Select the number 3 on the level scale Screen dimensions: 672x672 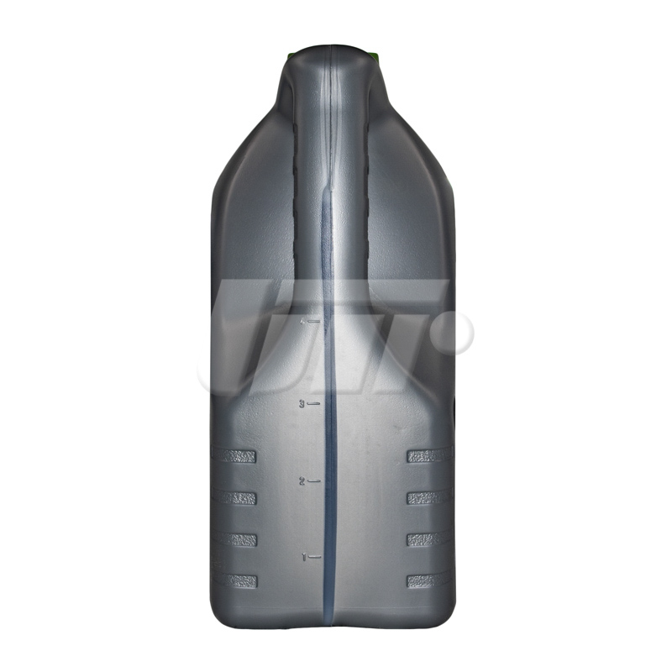302,404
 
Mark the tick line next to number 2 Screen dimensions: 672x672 315,480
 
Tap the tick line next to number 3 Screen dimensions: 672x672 313,404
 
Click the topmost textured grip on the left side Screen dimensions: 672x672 238,456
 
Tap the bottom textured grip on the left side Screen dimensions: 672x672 238,580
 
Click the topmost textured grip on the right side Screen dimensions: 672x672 429,456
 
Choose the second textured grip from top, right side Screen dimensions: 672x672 428,498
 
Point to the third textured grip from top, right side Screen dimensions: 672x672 428,539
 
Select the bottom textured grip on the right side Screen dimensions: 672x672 429,580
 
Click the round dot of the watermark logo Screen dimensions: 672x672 454,331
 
